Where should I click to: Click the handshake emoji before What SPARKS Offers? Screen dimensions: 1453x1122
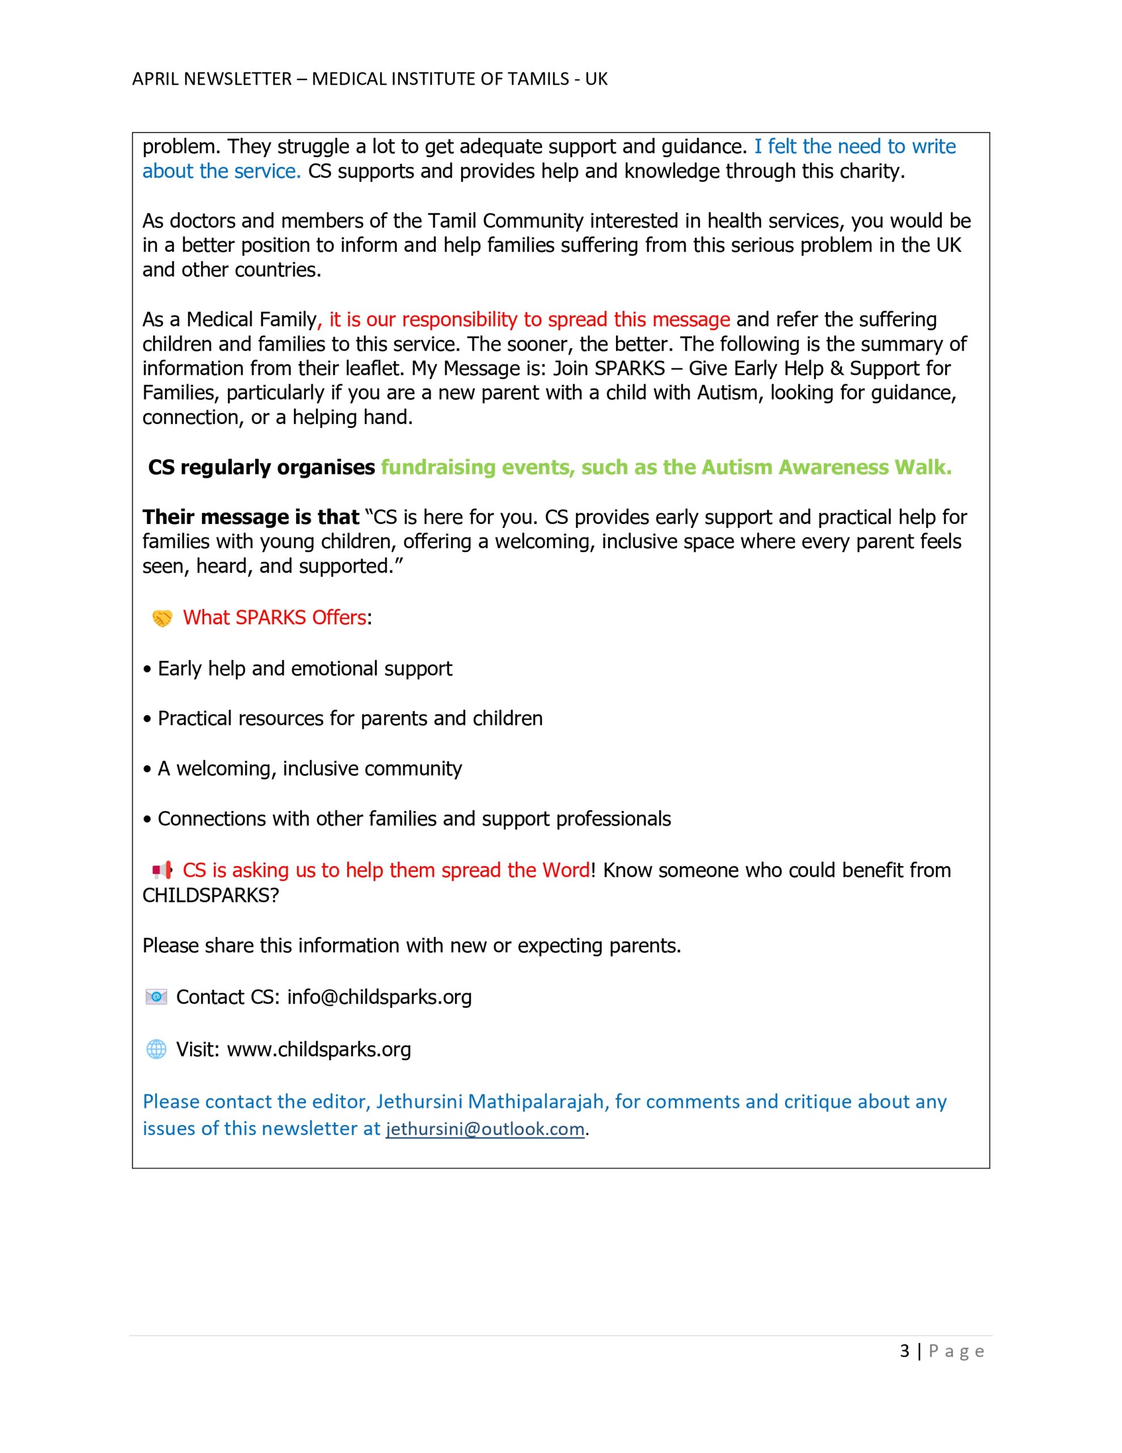[162, 618]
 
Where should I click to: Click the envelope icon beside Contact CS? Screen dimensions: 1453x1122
[157, 997]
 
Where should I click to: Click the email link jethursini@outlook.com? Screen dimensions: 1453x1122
[485, 1129]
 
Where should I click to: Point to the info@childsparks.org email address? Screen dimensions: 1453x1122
[379, 997]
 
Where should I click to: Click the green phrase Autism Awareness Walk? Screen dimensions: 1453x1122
[826, 467]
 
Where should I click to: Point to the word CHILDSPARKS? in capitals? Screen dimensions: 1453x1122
[210, 895]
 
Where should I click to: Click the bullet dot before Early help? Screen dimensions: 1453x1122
[147, 669]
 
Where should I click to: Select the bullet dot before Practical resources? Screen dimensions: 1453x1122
[147, 719]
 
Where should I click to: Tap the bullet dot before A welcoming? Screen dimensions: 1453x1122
[147, 769]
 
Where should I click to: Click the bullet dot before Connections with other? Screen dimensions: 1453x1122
[147, 819]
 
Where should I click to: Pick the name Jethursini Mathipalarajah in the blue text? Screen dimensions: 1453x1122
[490, 1102]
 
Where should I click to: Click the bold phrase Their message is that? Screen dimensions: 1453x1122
[251, 517]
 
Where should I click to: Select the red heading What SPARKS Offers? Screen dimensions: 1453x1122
[274, 618]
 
